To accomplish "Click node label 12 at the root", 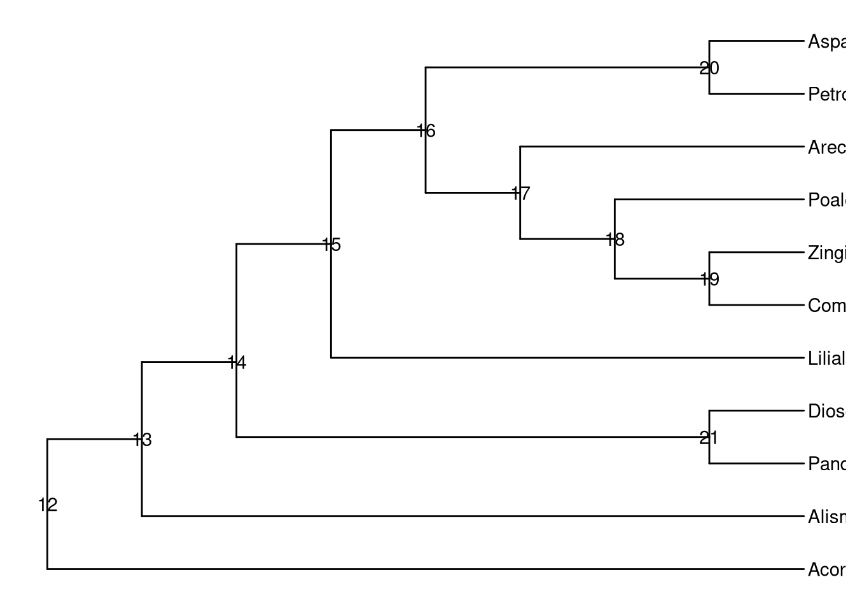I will tap(48, 505).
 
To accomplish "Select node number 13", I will tap(142, 440).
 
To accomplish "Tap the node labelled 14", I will tap(237, 363).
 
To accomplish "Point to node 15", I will tap(331, 245).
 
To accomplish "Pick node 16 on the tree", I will tap(426, 131).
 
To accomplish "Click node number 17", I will tap(520, 194).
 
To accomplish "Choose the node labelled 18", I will tap(615, 240).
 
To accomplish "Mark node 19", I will tap(709, 279).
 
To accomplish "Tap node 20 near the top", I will tap(709, 68).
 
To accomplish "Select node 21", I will tap(709, 438).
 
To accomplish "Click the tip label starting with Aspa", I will tap(827, 42).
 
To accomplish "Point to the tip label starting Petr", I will tap(827, 95).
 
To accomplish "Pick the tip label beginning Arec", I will tap(827, 147).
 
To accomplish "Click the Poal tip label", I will tap(827, 200).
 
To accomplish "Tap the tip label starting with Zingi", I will tap(827, 253).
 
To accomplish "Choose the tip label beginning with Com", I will tap(827, 306).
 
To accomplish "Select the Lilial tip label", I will tap(827, 358).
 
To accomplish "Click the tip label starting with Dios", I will tap(827, 411).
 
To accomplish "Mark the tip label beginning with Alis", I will tap(827, 517).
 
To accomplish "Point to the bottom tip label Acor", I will tap(827, 569).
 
